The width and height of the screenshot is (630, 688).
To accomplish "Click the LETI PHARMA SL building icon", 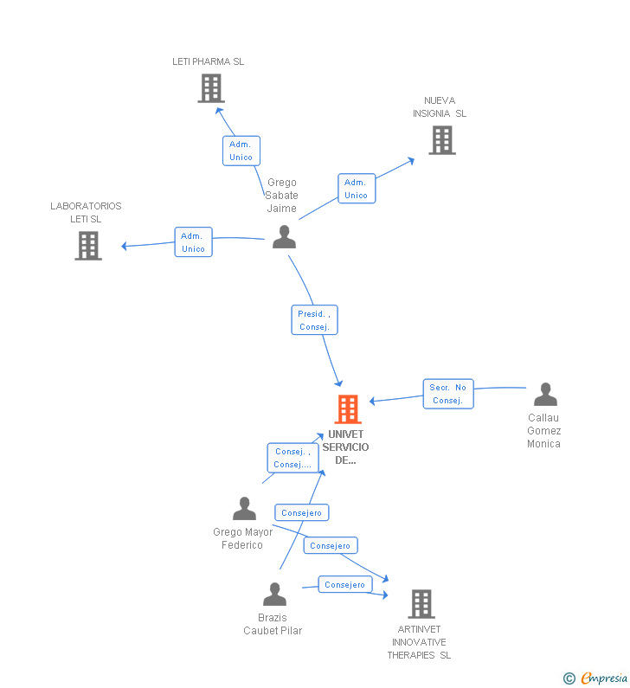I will (x=211, y=88).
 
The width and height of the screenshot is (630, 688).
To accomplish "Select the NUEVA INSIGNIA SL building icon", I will (x=441, y=140).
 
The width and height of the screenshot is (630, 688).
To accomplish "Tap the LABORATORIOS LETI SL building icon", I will (x=88, y=246).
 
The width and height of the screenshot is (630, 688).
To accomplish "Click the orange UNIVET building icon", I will (x=347, y=409).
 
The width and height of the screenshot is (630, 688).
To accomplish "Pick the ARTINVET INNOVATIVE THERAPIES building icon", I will (x=421, y=604).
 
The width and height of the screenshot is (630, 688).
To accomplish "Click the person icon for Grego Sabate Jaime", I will (x=284, y=237).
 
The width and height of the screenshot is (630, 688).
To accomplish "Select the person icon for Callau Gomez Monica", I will (x=545, y=395).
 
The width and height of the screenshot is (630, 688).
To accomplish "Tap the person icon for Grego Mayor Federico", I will (x=245, y=509).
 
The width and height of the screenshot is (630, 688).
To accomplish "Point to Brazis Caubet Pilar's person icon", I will (x=274, y=595).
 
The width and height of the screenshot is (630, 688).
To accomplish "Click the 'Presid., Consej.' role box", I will (x=314, y=320).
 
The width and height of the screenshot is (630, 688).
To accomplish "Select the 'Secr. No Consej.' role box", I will (x=448, y=394).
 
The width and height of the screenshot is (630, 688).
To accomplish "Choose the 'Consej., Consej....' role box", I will (x=292, y=458).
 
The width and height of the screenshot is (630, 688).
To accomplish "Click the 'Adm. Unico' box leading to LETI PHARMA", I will (x=241, y=151).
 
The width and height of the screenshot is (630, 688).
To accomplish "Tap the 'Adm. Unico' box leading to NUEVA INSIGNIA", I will (x=356, y=189).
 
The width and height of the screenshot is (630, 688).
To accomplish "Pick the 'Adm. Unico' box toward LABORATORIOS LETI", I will (x=193, y=242).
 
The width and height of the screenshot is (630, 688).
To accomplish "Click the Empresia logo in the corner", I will (x=595, y=678).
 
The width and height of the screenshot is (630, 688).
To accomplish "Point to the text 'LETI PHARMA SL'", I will (x=208, y=61).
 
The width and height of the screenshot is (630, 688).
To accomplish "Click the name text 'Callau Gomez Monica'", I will (x=544, y=431).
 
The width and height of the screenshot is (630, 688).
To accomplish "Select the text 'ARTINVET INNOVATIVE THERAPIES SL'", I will (x=419, y=642).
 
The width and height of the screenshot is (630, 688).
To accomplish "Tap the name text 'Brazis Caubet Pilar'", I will (x=273, y=624).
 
